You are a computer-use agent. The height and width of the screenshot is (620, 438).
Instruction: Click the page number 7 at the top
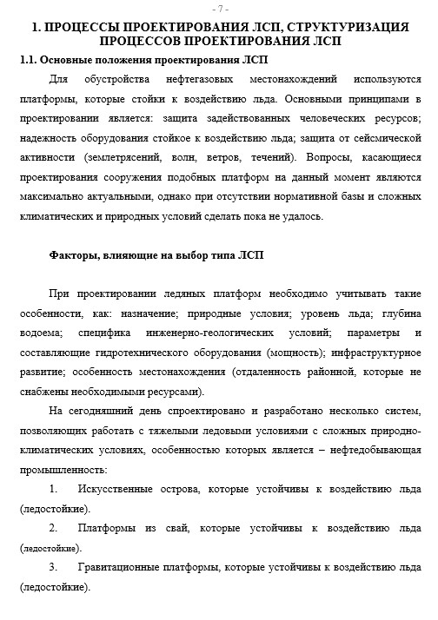click(x=218, y=9)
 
